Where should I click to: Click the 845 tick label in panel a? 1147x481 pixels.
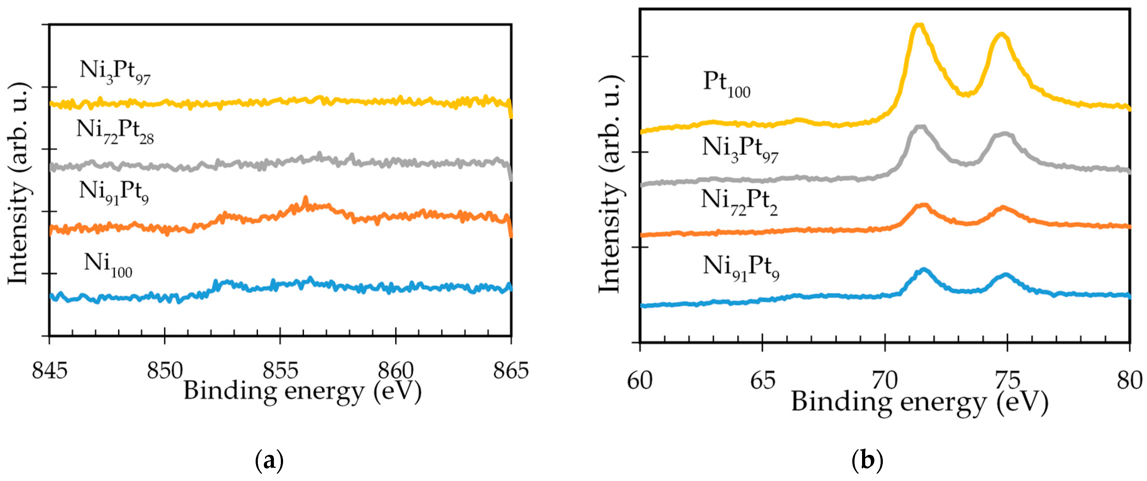point(49,371)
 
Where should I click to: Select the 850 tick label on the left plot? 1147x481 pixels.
point(165,371)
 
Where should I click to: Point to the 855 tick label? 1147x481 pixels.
point(280,371)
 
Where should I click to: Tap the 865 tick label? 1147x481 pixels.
point(511,371)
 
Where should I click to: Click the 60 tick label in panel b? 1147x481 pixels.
point(640,381)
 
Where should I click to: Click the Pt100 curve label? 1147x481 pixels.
point(727,85)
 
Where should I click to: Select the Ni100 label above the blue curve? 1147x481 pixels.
point(108,265)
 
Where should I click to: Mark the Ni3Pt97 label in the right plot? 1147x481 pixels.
point(740,150)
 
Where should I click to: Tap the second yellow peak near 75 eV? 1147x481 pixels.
point(998,36)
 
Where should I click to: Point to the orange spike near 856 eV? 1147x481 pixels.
point(305,198)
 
